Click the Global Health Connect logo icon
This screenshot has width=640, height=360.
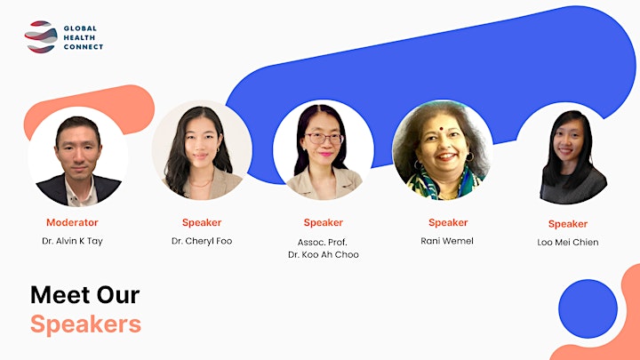[40, 36]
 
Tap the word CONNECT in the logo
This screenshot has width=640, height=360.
[84, 47]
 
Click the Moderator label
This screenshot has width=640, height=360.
[72, 222]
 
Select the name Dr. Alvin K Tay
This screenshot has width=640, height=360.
[72, 241]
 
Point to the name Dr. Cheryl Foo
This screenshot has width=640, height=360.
[202, 241]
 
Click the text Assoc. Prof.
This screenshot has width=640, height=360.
[323, 242]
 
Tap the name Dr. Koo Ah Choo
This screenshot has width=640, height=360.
[324, 254]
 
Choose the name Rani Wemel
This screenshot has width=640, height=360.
[447, 241]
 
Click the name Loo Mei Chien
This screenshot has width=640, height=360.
[568, 242]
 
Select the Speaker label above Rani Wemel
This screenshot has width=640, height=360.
[448, 222]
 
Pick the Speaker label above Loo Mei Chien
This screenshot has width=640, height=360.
[568, 224]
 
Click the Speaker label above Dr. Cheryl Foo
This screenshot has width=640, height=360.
[202, 222]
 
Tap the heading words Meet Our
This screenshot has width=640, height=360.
[85, 295]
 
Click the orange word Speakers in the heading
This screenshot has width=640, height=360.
[85, 324]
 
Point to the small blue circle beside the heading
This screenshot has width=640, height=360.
[588, 308]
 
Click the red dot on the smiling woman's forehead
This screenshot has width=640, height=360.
[441, 129]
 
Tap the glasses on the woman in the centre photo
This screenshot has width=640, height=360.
[324, 139]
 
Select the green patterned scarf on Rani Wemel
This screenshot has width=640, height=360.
[443, 184]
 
